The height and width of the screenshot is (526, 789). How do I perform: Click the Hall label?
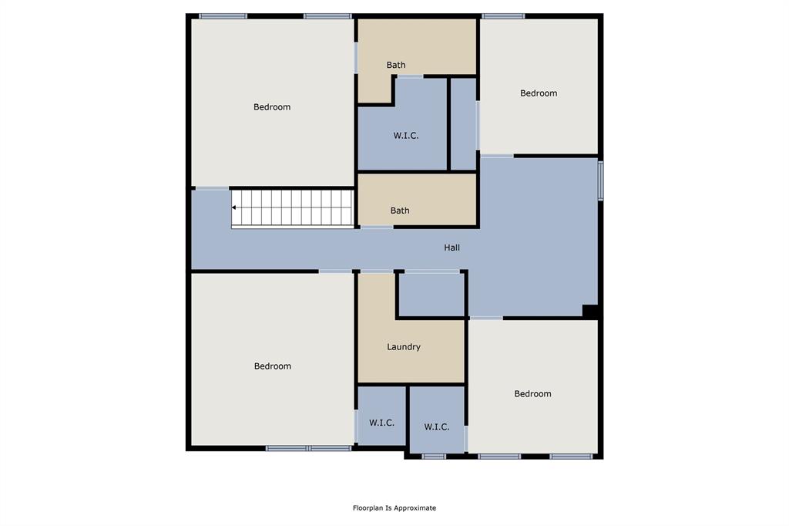tap(452, 248)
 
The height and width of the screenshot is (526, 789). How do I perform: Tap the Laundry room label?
tap(404, 347)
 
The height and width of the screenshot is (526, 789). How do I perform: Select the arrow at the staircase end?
tap(234, 207)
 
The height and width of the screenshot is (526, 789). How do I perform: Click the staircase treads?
tap(293, 207)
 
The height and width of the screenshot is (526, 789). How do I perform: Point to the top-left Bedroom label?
tap(272, 107)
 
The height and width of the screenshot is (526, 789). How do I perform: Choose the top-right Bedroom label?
tap(539, 93)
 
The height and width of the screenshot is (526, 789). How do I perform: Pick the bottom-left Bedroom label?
tap(273, 366)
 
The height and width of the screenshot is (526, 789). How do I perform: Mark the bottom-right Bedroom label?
tap(532, 394)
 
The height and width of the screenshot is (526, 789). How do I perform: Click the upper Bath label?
tap(396, 66)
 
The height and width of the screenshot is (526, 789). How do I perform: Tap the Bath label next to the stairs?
tap(400, 211)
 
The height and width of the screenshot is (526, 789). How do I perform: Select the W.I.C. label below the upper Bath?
tap(406, 136)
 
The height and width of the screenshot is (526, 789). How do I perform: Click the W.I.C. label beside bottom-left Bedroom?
tap(381, 423)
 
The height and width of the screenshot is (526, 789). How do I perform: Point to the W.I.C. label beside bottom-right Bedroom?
tap(437, 427)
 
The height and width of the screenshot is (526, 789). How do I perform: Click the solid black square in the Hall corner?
tap(590, 311)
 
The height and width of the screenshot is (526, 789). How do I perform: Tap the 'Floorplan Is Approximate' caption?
tap(394, 508)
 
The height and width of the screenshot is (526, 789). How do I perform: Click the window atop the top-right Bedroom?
tap(503, 15)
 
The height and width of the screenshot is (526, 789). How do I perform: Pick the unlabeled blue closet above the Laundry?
tap(431, 295)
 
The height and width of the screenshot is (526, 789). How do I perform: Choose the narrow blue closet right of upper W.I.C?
tap(463, 123)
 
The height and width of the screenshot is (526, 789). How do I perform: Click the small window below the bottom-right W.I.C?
tap(434, 457)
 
